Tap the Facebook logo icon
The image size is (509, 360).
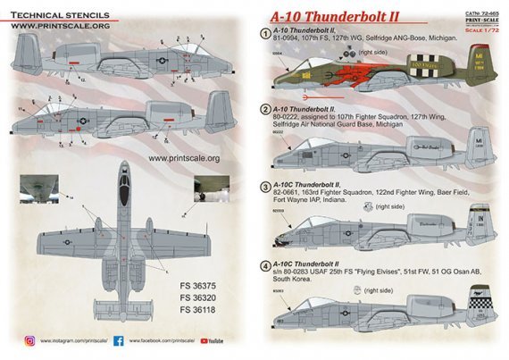(x=119, y=341)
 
